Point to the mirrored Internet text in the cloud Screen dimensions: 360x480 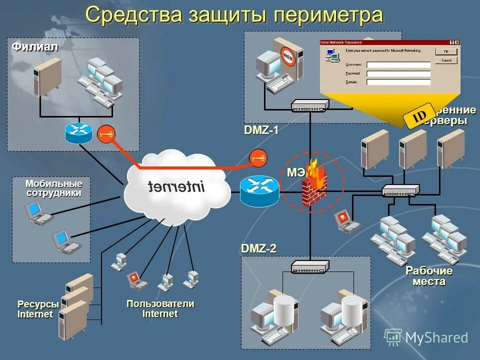[x=176, y=187]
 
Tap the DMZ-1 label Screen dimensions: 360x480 [x=261, y=130]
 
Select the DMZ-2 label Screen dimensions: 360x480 [x=258, y=248]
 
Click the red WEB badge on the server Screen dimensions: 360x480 [x=288, y=56]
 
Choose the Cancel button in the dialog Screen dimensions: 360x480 [x=446, y=60]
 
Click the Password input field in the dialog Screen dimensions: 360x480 [x=398, y=73]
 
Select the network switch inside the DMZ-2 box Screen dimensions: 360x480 [x=309, y=266]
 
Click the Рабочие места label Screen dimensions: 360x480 [x=429, y=276]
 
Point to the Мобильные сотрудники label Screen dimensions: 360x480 [x=53, y=188]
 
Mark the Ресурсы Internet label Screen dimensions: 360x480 [x=37, y=309]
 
